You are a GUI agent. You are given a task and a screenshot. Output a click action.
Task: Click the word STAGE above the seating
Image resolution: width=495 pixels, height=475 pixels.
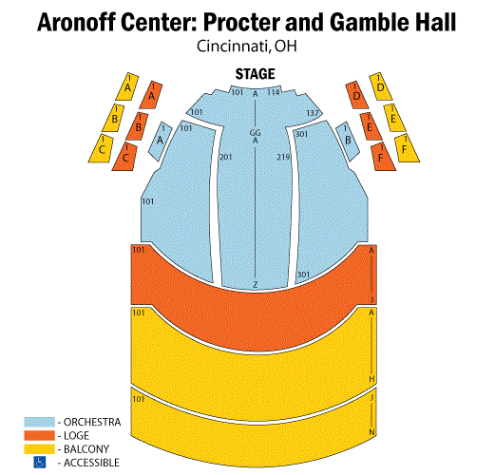tap(255, 74)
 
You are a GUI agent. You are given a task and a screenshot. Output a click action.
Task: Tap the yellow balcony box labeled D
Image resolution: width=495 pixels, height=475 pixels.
tap(381, 86)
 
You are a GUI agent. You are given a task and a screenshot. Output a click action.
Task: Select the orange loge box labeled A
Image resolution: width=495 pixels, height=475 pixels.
tap(151, 95)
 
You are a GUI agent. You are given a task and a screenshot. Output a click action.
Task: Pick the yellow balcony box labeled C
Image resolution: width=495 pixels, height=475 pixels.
tap(101, 148)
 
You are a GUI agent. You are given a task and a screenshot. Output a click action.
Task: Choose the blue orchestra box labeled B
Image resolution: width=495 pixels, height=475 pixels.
tap(348, 141)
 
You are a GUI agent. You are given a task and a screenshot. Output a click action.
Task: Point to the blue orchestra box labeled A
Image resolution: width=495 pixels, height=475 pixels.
tap(161, 141)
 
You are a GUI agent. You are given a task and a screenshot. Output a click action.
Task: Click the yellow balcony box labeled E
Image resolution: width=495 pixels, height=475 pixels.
tap(394, 118)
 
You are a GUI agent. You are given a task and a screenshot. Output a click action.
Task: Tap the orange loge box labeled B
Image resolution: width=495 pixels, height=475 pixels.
tap(138, 126)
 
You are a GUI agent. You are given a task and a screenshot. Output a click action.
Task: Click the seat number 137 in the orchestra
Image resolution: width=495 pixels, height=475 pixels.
tap(313, 113)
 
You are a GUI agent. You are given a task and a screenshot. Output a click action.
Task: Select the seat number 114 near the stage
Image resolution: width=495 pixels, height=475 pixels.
tap(274, 92)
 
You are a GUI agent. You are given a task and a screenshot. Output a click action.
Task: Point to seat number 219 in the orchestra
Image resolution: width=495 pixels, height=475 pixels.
tap(283, 157)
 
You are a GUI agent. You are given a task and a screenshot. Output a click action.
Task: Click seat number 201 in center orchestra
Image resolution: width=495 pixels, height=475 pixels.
tap(226, 157)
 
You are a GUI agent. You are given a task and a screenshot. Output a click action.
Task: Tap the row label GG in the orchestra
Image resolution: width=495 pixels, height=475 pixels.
tap(256, 133)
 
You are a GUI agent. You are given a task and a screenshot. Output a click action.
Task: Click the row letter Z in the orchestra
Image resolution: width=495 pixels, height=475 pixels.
tap(256, 285)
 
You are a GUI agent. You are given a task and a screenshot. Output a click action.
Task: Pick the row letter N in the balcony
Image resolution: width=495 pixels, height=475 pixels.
tap(371, 432)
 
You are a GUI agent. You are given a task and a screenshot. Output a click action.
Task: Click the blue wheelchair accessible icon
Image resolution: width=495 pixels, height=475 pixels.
tap(40, 463)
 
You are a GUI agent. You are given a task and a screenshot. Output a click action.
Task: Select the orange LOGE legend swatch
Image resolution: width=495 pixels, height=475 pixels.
tap(39, 435)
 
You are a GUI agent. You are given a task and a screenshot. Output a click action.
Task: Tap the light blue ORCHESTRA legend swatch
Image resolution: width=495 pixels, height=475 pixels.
tap(39, 422)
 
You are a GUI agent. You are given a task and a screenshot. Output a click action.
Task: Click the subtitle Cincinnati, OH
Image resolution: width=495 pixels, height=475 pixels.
tap(247, 47)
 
